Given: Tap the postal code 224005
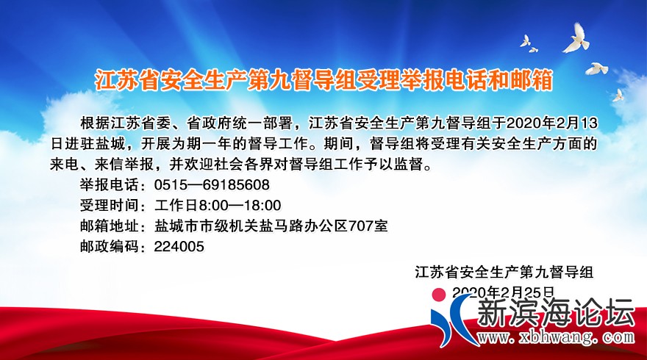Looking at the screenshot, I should click(179, 248).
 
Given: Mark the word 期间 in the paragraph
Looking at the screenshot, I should click(332, 143).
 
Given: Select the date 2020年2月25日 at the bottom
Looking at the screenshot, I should click(502, 293).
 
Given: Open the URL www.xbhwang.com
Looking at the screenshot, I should click(551, 338).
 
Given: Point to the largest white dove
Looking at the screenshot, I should click(577, 38).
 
